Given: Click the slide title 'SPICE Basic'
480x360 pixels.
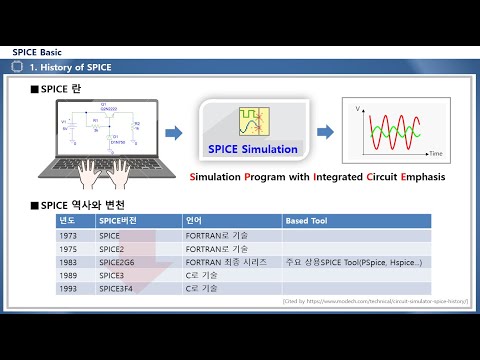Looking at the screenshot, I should (x=37, y=51).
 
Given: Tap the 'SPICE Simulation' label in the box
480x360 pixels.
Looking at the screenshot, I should (x=253, y=149).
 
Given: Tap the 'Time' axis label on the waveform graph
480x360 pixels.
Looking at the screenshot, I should (x=436, y=156).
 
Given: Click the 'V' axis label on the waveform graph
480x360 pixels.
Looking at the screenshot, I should (x=358, y=104).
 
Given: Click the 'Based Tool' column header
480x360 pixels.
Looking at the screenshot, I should (x=304, y=220).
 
